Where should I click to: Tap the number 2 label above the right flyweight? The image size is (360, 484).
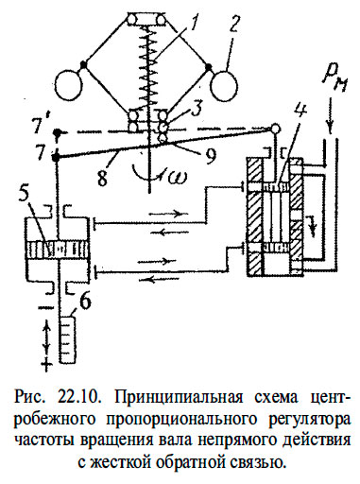click(x=231, y=24)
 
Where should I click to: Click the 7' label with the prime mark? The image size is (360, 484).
click(x=39, y=123)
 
